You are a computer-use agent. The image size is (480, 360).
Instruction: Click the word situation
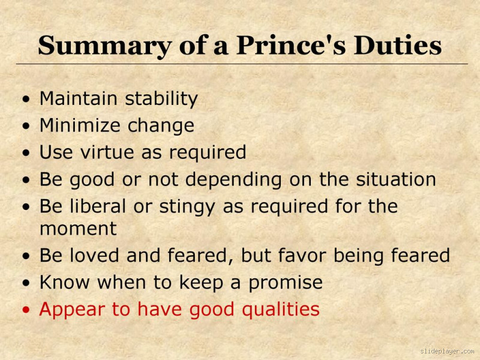point(395,179)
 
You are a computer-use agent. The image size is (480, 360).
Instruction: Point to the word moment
point(78,229)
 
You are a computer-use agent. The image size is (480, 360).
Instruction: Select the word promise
point(286,283)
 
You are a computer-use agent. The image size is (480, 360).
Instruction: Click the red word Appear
point(71,310)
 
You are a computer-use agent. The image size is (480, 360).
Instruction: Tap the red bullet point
point(25,310)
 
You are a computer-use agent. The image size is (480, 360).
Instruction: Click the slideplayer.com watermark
point(447,351)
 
